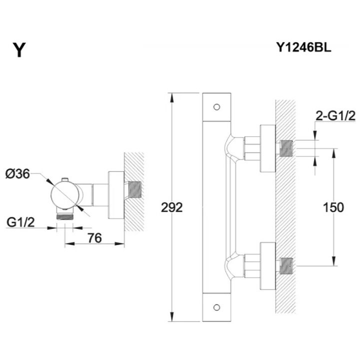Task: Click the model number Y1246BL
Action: coord(304,48)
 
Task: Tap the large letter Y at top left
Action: coord(19,50)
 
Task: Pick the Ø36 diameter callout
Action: coord(20,174)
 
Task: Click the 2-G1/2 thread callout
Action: coord(335,116)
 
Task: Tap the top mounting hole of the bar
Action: coord(216,107)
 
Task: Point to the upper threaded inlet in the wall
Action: coord(285,148)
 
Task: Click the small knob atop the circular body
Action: coord(64,179)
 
